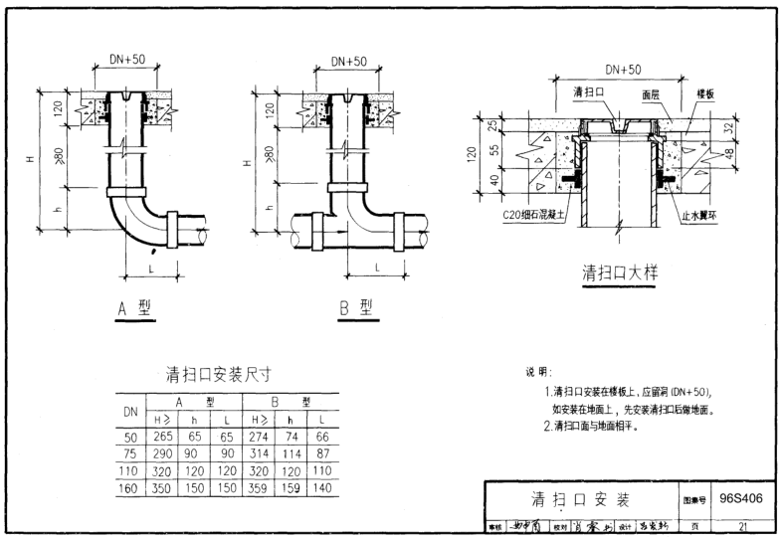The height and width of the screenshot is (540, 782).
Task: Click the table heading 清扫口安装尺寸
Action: pos(219,376)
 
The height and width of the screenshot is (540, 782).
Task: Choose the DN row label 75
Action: pos(129,453)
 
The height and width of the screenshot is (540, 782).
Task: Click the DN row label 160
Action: pos(129,488)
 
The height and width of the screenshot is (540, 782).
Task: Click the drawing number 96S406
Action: pos(741,498)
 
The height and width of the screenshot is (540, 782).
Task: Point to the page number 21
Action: pos(741,524)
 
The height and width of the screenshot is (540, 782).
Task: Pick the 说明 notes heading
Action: pos(540,373)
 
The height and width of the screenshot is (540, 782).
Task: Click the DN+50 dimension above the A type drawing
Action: pos(126,60)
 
